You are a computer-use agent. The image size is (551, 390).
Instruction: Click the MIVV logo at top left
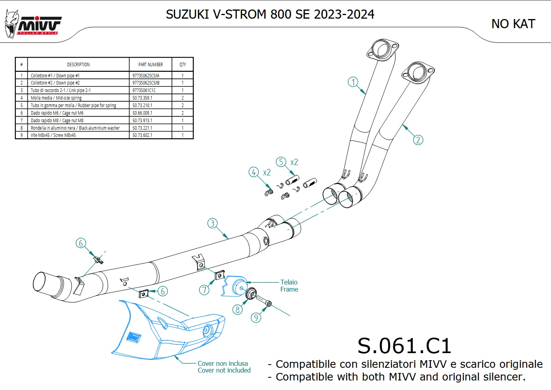[x=33, y=25]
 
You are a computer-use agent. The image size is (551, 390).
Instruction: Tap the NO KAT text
[x=513, y=24]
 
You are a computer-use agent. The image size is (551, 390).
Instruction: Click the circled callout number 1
[x=353, y=82]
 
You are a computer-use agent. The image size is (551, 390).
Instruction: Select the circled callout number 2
[x=418, y=140]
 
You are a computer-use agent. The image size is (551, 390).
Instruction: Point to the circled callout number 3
[x=212, y=223]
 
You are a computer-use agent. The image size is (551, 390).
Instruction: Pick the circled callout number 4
[x=254, y=172]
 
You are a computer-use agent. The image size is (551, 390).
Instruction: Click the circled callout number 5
[x=281, y=162]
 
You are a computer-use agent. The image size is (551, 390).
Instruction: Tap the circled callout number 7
[x=204, y=290]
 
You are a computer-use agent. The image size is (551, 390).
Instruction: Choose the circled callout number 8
[x=237, y=309]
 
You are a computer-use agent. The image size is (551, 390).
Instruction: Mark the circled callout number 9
[x=256, y=317]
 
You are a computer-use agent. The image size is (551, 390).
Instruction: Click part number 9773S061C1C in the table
[x=144, y=90]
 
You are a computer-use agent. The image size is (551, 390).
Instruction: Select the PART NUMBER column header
[x=151, y=64]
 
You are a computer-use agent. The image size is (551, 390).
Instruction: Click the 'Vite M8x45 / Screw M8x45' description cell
[x=53, y=135]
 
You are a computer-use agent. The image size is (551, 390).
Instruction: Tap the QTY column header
[x=183, y=64]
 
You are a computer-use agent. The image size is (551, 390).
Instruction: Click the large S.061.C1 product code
[x=404, y=346]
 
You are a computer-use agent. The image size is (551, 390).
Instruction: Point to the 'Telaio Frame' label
[x=289, y=286]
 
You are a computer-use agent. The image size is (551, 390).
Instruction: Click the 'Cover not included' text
[x=224, y=370]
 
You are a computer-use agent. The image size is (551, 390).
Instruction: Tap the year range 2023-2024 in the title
[x=344, y=14]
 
